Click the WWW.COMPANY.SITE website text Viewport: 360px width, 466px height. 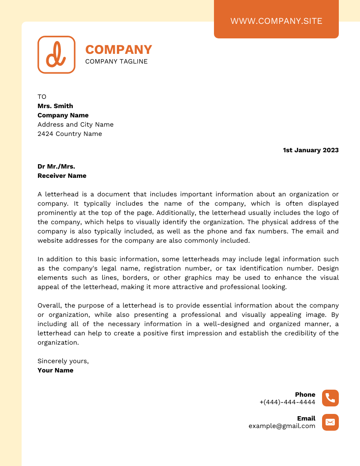276,21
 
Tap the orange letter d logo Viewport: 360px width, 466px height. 56,55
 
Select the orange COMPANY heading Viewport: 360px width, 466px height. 118,49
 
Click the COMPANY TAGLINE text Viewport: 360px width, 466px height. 116,61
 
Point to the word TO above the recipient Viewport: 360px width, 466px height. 42,97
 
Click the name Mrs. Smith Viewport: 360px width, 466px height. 55,106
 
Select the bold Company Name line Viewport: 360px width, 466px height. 63,115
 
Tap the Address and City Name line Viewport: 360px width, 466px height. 75,124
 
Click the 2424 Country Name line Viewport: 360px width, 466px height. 70,134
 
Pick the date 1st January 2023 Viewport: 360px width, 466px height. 311,150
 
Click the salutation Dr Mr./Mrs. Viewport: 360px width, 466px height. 56,166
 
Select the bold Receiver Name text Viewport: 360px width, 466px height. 62,176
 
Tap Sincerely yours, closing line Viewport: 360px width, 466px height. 63,361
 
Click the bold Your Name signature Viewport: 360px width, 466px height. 56,370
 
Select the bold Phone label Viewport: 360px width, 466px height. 305,395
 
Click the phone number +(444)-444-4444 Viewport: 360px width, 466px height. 287,402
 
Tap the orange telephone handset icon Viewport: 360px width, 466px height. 330,398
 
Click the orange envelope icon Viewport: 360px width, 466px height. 330,422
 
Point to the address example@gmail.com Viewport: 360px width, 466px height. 282,426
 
